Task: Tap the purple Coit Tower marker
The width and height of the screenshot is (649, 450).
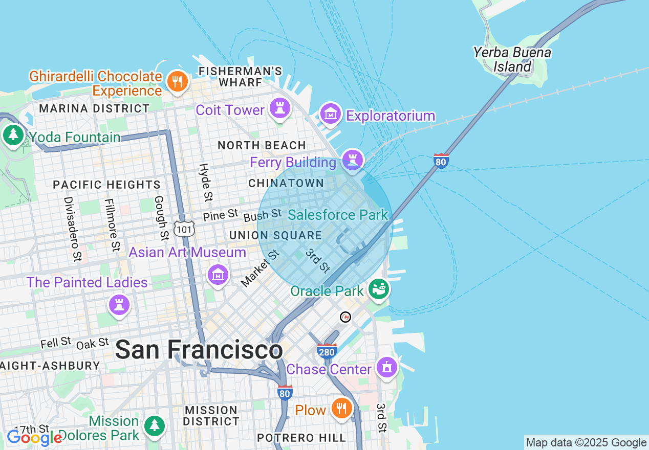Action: point(280,108)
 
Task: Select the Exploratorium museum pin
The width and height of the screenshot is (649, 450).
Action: point(331,114)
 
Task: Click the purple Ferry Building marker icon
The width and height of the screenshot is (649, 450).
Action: point(352,159)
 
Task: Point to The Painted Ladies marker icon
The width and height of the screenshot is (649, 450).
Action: point(119,305)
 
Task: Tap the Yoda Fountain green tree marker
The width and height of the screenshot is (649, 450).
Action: point(13,136)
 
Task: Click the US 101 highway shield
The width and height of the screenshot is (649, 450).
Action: point(184,229)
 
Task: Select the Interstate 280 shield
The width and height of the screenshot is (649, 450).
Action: point(327,351)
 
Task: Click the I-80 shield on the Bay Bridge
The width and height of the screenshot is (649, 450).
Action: point(441,161)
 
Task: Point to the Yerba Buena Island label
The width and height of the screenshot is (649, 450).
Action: point(512,59)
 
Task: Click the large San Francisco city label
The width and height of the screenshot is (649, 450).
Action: point(199,350)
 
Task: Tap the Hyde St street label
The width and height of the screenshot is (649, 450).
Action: point(205,182)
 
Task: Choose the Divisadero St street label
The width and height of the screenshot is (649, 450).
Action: point(72,228)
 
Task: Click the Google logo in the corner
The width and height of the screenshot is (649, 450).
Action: point(34,438)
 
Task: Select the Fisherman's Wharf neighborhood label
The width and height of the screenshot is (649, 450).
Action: point(240,76)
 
